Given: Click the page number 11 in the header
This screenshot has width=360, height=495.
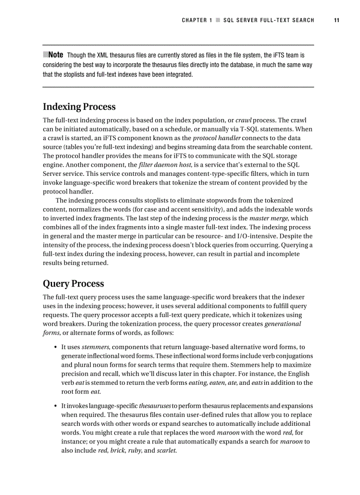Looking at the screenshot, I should click(x=337, y=20).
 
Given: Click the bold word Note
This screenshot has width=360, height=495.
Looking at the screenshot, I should click(x=56, y=55).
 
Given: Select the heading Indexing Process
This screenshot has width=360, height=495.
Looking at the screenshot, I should click(x=79, y=107).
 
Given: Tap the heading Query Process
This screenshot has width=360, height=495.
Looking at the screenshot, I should click(x=73, y=283).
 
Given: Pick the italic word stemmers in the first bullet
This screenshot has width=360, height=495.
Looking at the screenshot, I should click(x=95, y=347).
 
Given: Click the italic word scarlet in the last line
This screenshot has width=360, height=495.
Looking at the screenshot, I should click(x=167, y=450).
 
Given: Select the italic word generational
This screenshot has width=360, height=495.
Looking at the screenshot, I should click(x=282, y=324).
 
